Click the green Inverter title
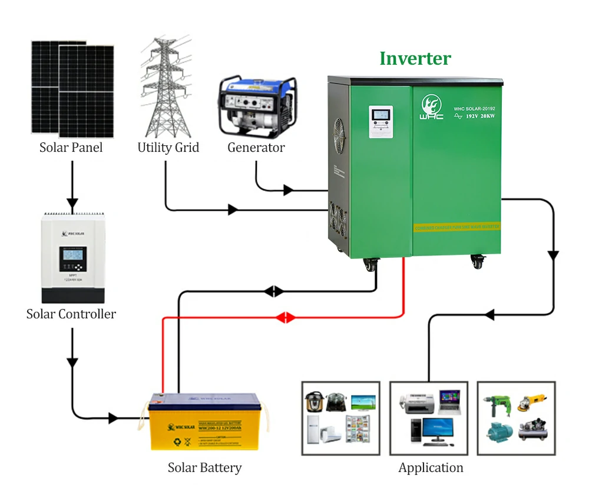tap(415, 58)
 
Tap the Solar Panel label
tap(71, 147)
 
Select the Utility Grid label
tap(168, 147)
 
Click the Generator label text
tap(256, 147)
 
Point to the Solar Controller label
tap(71, 314)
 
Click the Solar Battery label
tap(204, 468)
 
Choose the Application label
tap(431, 468)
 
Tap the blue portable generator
tap(256, 106)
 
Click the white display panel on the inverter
tap(380, 122)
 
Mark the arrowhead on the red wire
tap(286, 318)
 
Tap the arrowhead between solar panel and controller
tap(72, 204)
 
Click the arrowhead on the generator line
tap(288, 190)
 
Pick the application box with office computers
tap(429, 418)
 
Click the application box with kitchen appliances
tap(341, 418)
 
